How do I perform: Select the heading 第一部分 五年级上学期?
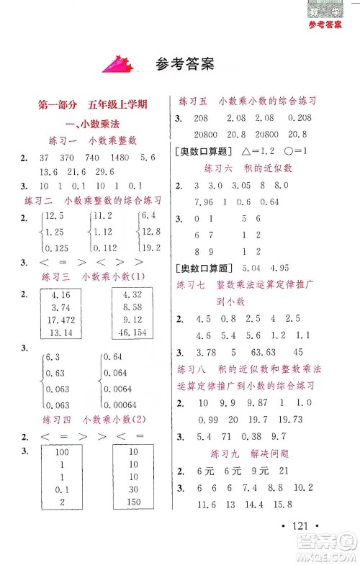(x=93, y=104)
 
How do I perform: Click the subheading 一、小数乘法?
(x=94, y=122)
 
